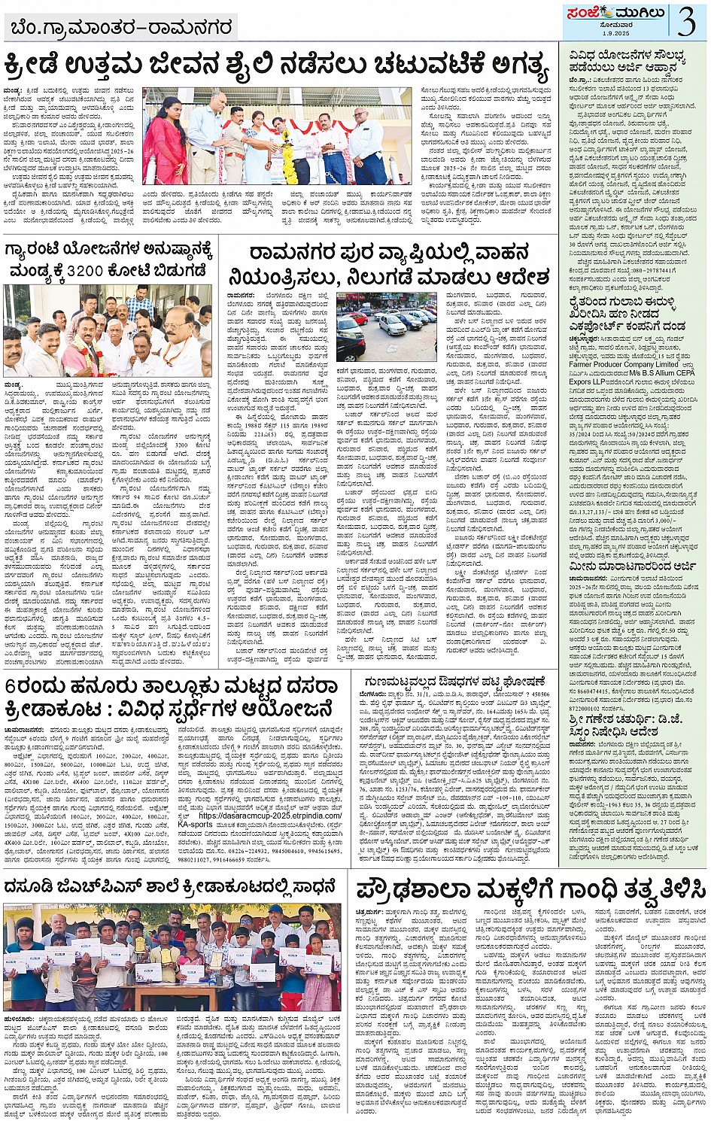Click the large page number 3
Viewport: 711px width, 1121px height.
(x=686, y=21)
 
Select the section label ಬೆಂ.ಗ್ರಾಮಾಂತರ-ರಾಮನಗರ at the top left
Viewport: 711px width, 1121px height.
(x=120, y=28)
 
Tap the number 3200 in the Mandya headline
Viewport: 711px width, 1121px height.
(x=90, y=270)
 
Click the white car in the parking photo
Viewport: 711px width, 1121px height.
(x=391, y=325)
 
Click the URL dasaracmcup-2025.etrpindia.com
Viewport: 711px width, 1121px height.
(x=269, y=815)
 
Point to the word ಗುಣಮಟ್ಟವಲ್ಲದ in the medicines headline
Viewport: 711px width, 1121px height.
(x=399, y=682)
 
